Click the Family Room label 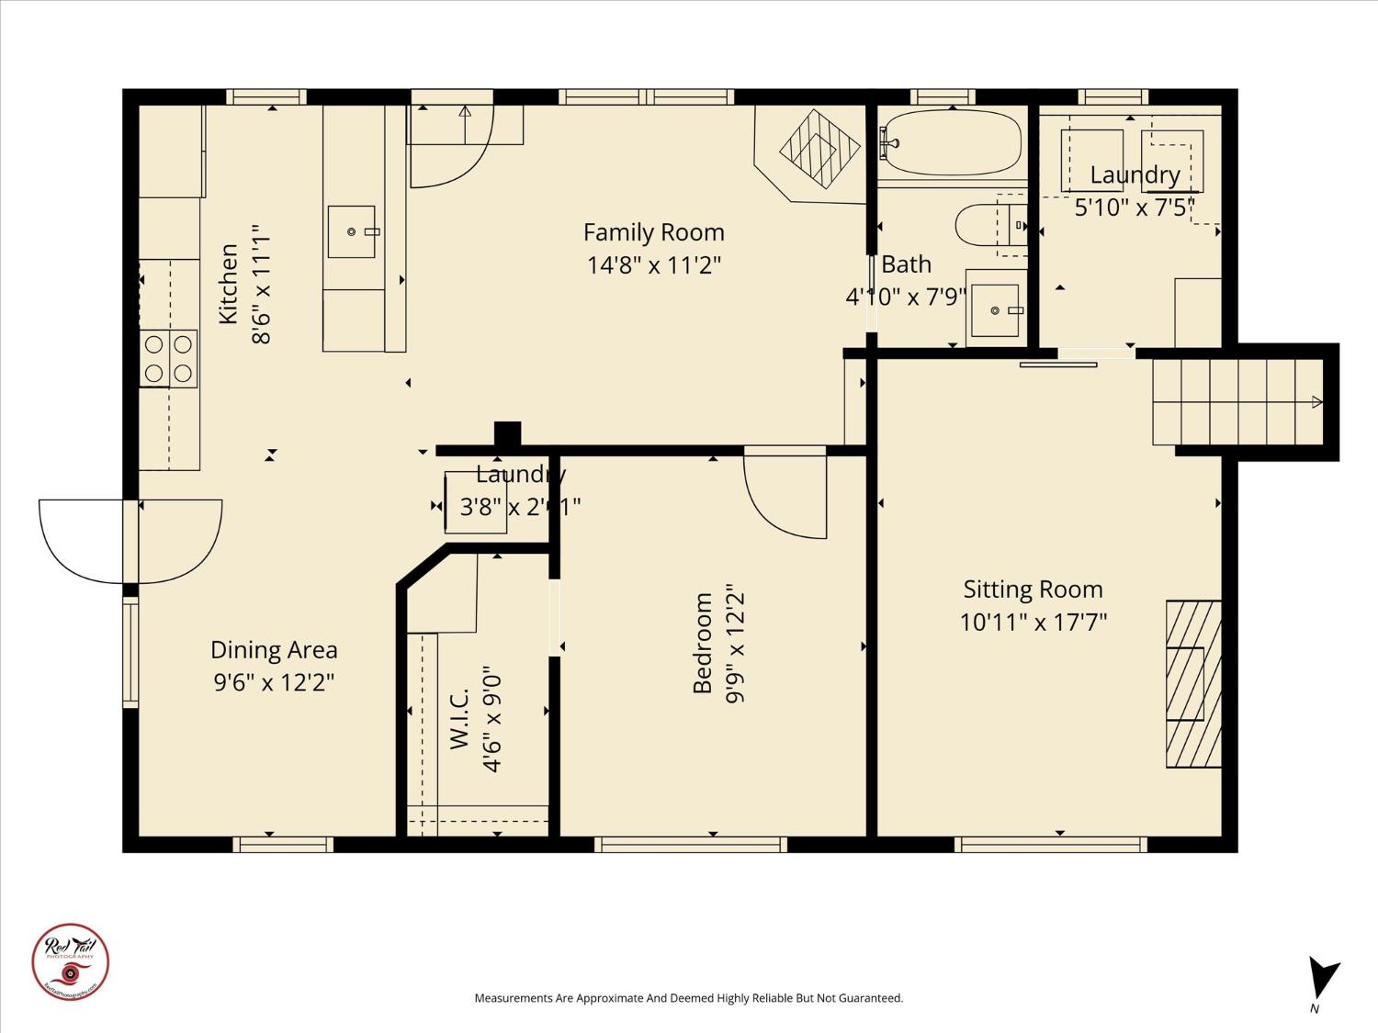click(x=653, y=232)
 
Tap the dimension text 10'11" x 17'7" click(x=1033, y=623)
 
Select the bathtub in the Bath click(x=951, y=143)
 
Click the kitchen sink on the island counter click(x=352, y=231)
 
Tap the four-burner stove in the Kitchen click(x=169, y=358)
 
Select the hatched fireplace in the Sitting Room click(x=1193, y=684)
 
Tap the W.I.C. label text click(x=460, y=719)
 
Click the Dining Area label click(x=274, y=650)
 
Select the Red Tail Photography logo click(x=71, y=961)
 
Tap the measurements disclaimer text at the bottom click(x=688, y=998)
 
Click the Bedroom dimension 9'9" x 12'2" click(x=735, y=644)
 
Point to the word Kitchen click(x=228, y=283)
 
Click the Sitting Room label click(x=1033, y=589)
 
